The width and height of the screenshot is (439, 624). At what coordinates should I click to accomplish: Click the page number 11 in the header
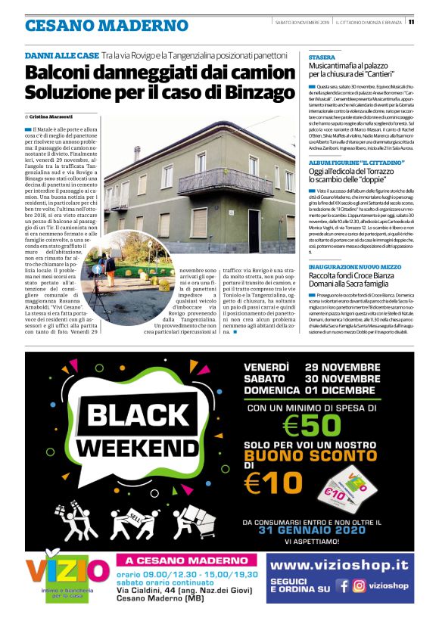coord(432,21)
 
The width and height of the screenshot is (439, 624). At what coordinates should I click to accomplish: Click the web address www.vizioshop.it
coord(339,565)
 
